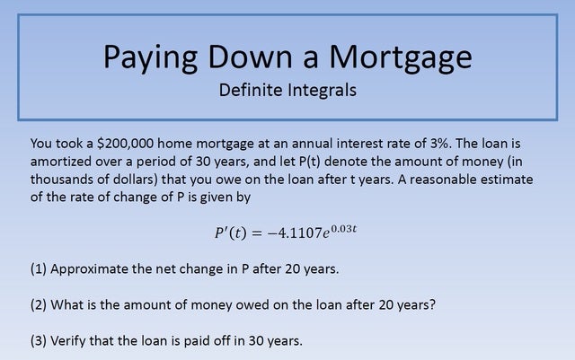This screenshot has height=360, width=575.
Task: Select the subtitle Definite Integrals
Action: [287, 91]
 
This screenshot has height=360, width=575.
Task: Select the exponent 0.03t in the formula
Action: [344, 228]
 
